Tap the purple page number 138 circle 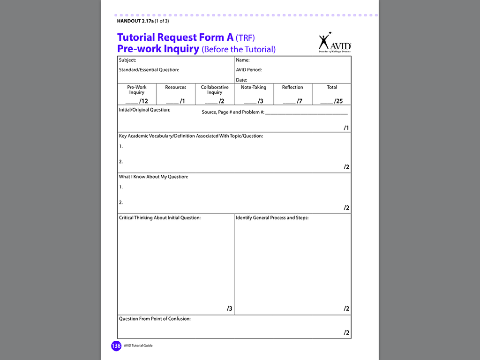pos(116,346)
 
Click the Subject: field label pos(127,60)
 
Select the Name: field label pos(243,60)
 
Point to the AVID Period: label pos(249,70)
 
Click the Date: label pos(241,80)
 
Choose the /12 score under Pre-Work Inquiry pos(143,101)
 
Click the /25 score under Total pos(338,101)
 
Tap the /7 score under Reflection pos(299,101)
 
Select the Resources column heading pos(176,87)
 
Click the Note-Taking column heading pos(254,87)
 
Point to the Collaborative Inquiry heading pos(215,90)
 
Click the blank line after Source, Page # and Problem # pos(307,113)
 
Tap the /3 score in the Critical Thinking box pos(230,308)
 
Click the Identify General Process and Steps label pos(272,217)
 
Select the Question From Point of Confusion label pos(155,319)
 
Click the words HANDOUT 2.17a pos(135,21)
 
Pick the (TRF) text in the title pos(245,37)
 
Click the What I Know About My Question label pos(153,177)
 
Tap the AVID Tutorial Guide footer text pos(138,345)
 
